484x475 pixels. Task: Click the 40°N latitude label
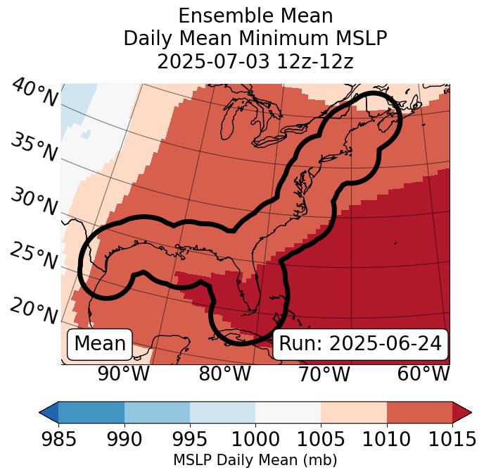click(34, 93)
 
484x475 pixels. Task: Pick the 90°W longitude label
click(123, 374)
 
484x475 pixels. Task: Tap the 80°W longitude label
click(224, 374)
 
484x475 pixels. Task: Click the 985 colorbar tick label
click(58, 440)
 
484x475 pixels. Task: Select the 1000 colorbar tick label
click(255, 440)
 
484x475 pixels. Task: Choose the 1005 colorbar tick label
click(321, 440)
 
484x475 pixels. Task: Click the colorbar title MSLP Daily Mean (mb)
click(255, 460)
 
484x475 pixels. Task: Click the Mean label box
click(100, 344)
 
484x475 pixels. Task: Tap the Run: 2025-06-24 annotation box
click(360, 344)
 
